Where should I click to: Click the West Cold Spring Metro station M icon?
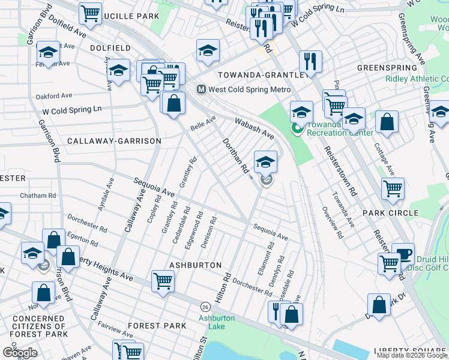click(x=202, y=89)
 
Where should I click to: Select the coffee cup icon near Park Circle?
click(x=403, y=253)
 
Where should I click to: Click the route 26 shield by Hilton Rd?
click(x=205, y=305)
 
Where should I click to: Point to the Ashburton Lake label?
click(x=217, y=322)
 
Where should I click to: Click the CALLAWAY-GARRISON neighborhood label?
click(x=114, y=141)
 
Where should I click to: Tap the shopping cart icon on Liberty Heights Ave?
click(x=163, y=281)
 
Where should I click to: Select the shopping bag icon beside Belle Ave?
click(x=173, y=103)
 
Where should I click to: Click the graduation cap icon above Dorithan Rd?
click(x=265, y=161)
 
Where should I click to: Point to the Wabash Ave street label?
click(x=255, y=127)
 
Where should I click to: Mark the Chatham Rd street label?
click(x=37, y=196)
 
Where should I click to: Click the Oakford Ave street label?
click(x=53, y=95)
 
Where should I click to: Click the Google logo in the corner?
click(x=19, y=353)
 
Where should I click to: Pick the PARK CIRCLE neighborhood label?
click(x=390, y=213)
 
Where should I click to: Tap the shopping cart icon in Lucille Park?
click(x=90, y=13)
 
